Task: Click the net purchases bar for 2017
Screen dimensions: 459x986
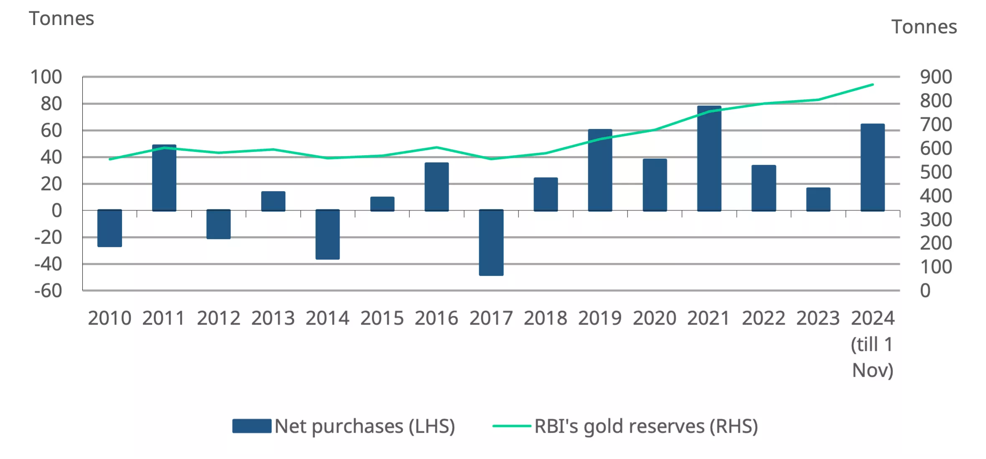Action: pos(491,242)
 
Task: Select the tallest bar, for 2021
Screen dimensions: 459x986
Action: pos(709,159)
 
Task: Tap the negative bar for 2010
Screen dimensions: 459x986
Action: pos(109,228)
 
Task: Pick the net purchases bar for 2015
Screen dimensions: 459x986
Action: pos(382,204)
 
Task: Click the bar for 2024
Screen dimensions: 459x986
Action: pos(872,167)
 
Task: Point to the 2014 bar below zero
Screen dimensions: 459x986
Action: pos(328,235)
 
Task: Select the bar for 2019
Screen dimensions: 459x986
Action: pos(600,170)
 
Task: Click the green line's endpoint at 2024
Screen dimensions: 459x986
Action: pos(872,85)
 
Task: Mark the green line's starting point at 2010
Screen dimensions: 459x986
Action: pos(109,159)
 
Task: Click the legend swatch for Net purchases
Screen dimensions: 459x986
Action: pos(252,426)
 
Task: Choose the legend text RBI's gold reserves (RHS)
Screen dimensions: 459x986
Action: pos(646,426)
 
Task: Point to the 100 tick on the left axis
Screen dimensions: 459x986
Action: pos(46,77)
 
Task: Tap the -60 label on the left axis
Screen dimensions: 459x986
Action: pos(48,291)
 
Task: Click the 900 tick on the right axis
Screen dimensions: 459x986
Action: pos(936,77)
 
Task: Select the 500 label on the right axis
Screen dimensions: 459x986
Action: pos(936,172)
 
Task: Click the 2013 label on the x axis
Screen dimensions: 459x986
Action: pos(273,318)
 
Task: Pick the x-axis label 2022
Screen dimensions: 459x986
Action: pos(763,318)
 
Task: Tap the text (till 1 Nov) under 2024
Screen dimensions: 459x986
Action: pos(872,358)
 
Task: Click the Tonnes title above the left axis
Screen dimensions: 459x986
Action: pos(61,19)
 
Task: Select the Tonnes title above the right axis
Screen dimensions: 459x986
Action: pos(924,27)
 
